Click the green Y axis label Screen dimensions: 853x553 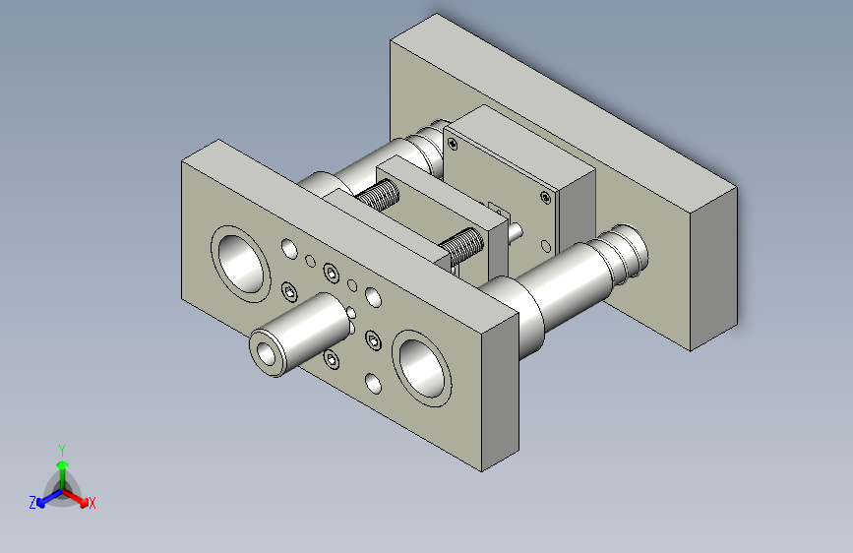coord(62,450)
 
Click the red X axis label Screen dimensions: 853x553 coord(91,503)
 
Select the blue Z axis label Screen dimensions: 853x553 coord(32,503)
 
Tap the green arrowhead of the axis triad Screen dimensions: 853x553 coord(63,464)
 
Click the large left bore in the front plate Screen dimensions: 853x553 coord(240,265)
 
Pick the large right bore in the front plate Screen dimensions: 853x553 coord(422,368)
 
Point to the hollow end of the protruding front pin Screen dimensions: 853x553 coord(267,354)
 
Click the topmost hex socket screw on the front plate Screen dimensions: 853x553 coord(331,273)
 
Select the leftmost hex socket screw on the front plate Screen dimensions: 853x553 coord(289,292)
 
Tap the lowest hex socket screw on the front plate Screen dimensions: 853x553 coord(332,359)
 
